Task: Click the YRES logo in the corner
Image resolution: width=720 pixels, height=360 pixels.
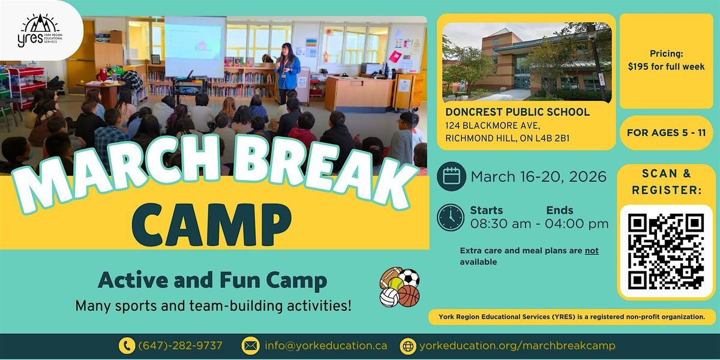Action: (x=40, y=31)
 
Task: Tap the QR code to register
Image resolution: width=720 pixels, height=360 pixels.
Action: (x=666, y=251)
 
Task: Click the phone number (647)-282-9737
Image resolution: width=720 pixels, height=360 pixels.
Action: (x=180, y=346)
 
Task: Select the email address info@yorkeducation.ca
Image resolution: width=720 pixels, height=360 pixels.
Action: (x=326, y=346)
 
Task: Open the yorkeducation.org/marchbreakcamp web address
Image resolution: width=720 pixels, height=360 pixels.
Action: (x=517, y=346)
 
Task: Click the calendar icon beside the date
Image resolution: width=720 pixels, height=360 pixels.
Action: (x=451, y=176)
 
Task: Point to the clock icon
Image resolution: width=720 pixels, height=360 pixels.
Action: (x=451, y=218)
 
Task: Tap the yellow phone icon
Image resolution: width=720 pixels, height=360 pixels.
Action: (x=127, y=346)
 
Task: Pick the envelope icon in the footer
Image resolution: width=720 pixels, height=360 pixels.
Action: (x=250, y=346)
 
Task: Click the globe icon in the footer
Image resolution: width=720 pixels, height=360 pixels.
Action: (x=408, y=346)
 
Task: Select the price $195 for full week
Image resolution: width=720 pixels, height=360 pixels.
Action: (x=667, y=67)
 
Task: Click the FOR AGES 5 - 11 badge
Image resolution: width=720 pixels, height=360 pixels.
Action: (x=667, y=133)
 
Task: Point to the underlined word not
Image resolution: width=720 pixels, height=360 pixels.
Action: (x=592, y=251)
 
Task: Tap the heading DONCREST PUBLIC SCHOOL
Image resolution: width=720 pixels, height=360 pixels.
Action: (x=517, y=112)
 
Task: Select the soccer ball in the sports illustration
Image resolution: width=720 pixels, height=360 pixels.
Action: (x=409, y=277)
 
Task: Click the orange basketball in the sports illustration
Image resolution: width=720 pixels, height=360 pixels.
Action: (x=409, y=296)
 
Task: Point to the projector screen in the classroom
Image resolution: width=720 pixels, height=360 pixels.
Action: (x=195, y=46)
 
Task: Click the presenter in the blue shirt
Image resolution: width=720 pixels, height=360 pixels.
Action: (x=287, y=73)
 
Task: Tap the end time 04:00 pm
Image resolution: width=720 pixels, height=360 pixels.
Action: (x=577, y=224)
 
